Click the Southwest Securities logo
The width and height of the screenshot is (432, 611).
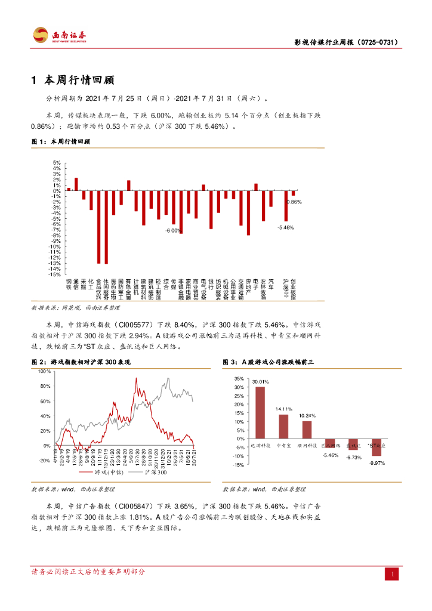pos(60,35)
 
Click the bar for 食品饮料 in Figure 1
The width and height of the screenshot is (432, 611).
pos(99,227)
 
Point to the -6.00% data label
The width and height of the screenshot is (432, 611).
pos(173,230)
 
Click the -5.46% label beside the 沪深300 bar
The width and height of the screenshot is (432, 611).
pos(286,227)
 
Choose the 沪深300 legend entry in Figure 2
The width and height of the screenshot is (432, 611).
pos(155,473)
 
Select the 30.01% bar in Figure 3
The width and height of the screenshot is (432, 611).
pos(260,412)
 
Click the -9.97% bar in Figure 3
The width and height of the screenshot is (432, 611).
pos(377,447)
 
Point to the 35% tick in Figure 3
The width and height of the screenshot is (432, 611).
pos(238,379)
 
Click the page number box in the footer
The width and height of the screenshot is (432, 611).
pos(393,573)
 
